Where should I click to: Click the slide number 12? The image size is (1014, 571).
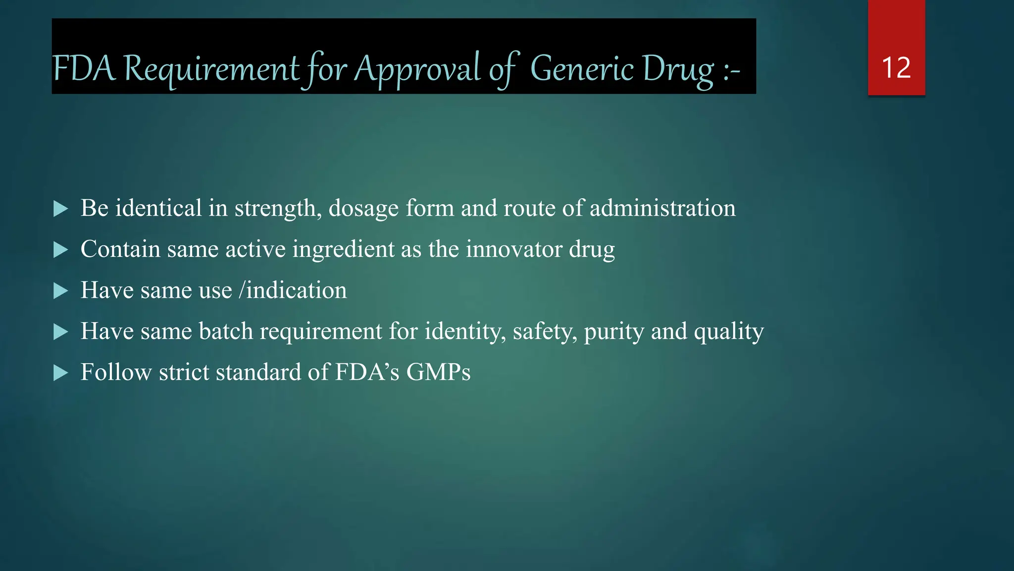[896, 67]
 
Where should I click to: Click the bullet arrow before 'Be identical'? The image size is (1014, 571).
[60, 209]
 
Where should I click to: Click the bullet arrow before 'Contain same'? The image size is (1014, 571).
[60, 250]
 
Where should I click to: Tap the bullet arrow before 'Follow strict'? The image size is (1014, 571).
[60, 373]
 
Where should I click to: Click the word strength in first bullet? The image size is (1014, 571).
[275, 209]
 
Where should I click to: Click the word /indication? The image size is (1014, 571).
[293, 290]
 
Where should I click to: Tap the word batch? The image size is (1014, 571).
[226, 331]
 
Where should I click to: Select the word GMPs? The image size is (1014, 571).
[438, 372]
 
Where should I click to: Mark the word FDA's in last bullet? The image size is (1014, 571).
[367, 372]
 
